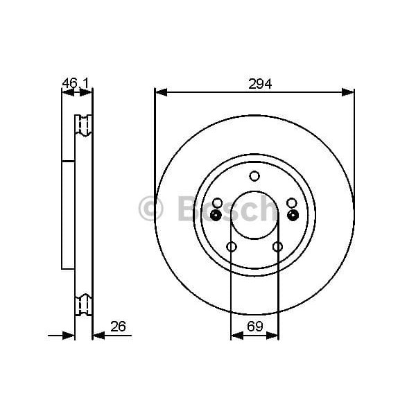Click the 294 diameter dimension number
[260, 83]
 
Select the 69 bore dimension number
[255, 325]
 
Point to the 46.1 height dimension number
[76, 83]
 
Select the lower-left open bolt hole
[232, 247]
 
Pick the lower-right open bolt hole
[277, 247]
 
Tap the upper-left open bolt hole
[217, 202]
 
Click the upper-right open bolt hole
[292, 202]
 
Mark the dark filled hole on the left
[216, 215]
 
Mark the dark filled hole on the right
[293, 215]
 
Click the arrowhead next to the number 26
[98, 336]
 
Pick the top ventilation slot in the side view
[83, 125]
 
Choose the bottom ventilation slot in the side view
[83, 305]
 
